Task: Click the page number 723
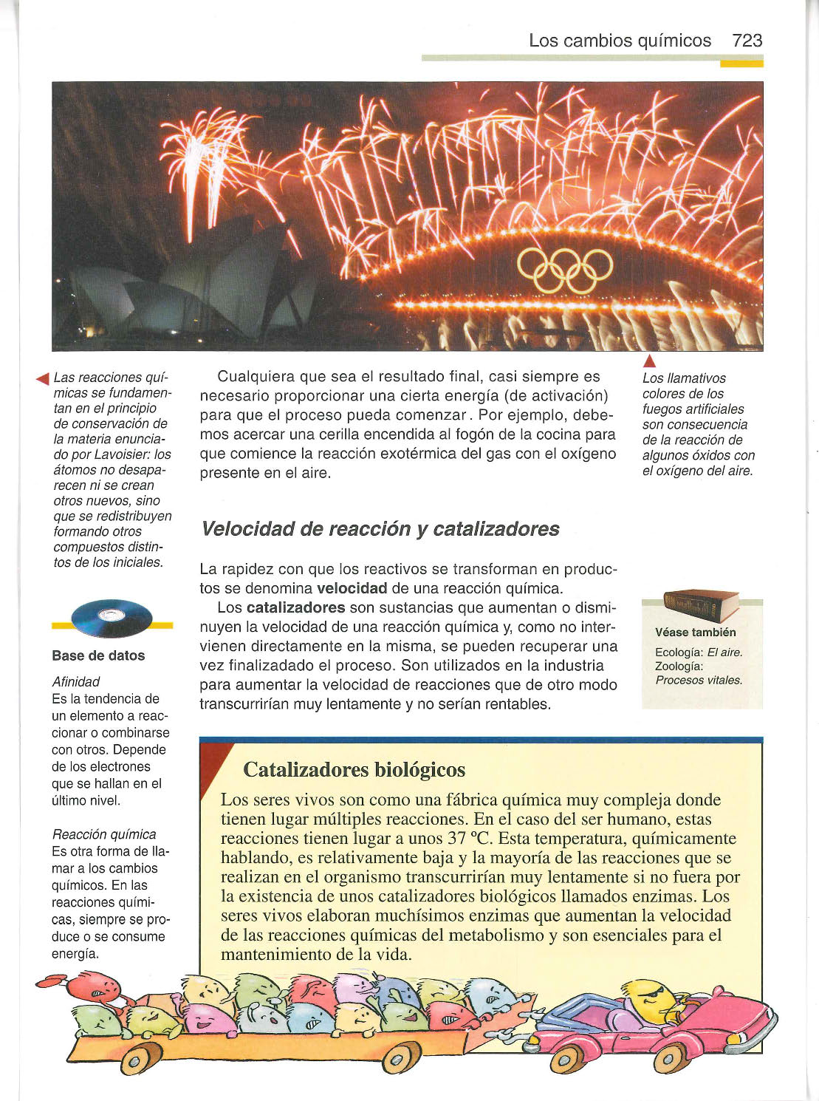(x=747, y=41)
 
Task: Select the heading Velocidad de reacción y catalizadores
(x=380, y=529)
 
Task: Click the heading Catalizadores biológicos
(x=354, y=770)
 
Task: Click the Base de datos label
(x=98, y=655)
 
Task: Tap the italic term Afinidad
(x=76, y=681)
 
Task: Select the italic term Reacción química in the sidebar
(x=104, y=834)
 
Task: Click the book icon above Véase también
(x=700, y=606)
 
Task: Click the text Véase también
(x=695, y=633)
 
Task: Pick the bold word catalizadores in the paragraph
(x=295, y=607)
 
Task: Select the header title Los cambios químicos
(x=620, y=41)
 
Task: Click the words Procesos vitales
(x=699, y=680)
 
